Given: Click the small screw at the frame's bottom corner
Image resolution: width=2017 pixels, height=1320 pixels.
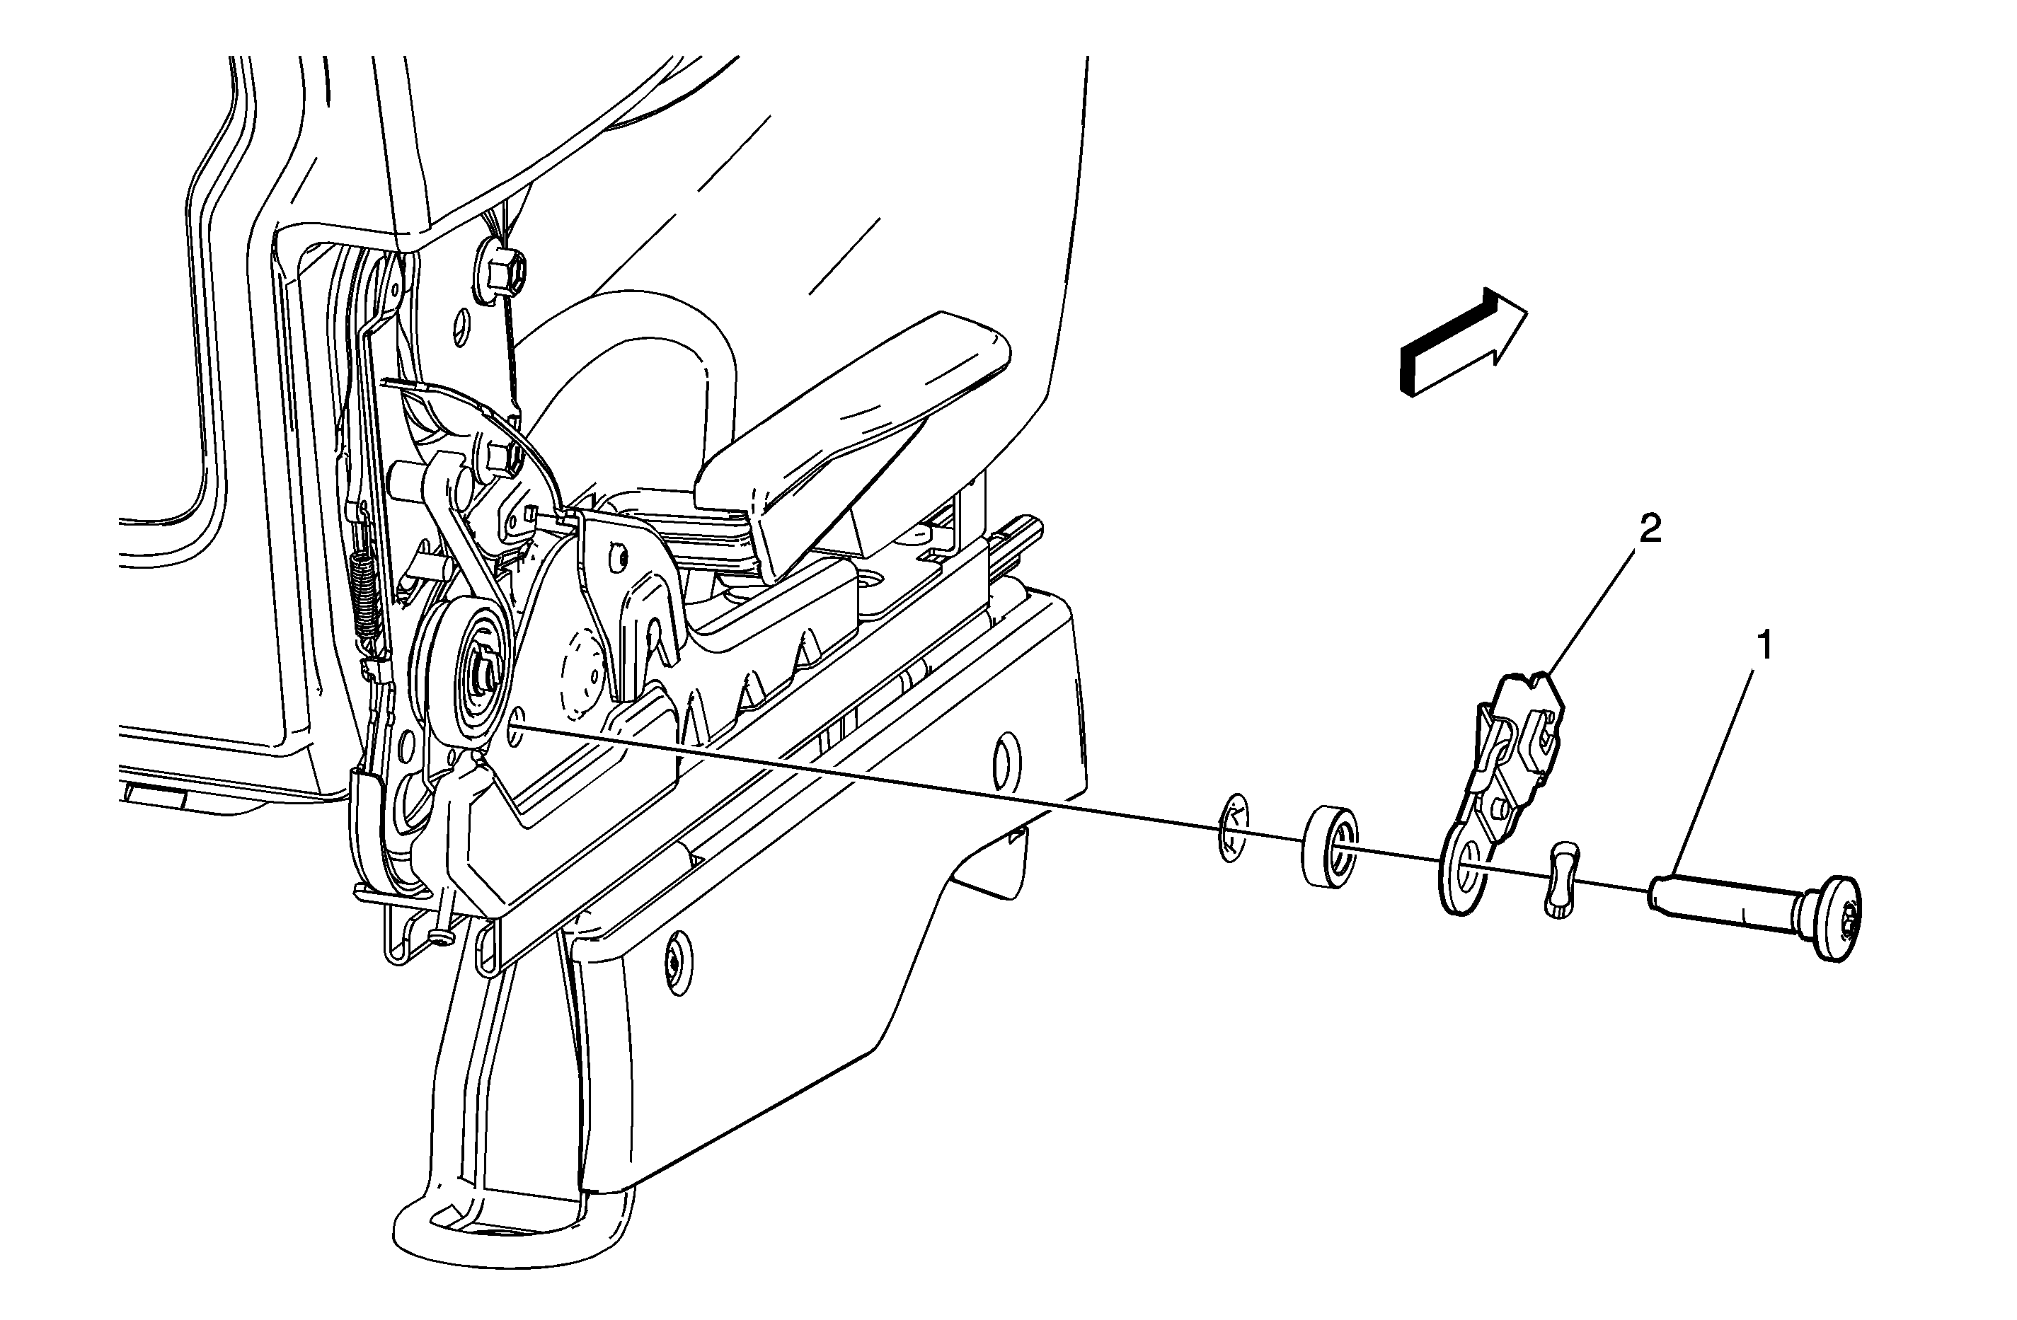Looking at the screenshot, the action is [x=439, y=936].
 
